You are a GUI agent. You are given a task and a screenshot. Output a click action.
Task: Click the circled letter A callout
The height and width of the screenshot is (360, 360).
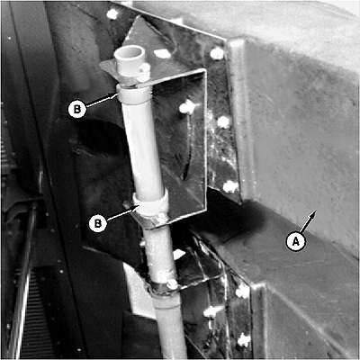tap(296, 241)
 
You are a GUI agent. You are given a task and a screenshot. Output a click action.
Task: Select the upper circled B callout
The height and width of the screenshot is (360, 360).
tap(77, 109)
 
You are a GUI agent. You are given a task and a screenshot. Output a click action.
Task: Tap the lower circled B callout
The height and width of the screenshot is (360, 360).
tap(98, 223)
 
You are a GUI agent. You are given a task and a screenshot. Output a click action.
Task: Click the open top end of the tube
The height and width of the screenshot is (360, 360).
tap(129, 53)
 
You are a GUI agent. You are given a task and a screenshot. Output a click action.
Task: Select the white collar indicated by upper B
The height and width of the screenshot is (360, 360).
tap(134, 94)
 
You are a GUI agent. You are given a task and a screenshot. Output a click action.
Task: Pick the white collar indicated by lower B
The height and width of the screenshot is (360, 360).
tap(150, 203)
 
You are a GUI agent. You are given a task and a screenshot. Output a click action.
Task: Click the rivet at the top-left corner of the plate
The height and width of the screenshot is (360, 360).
tap(112, 13)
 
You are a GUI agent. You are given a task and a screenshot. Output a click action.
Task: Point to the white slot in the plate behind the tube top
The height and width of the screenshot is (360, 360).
tap(163, 54)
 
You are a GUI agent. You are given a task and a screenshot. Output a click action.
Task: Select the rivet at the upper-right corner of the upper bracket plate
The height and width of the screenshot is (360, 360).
tap(217, 54)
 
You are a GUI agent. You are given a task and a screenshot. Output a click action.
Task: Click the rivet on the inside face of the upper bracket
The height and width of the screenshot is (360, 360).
tap(186, 106)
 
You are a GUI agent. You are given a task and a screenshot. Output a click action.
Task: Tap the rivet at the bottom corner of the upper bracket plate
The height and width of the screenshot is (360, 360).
tap(230, 186)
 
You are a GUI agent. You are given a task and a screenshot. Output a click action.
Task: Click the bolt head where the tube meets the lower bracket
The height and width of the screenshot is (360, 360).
tap(172, 283)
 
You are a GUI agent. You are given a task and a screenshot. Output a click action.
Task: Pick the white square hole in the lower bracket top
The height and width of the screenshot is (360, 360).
tap(179, 255)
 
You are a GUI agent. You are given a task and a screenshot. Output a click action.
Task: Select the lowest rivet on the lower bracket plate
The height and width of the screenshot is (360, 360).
tap(244, 340)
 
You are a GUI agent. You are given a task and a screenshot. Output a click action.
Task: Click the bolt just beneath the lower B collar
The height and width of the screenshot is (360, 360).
tap(163, 216)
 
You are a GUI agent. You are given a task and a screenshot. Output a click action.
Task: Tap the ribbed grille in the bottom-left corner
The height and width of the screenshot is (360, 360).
tap(33, 315)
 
